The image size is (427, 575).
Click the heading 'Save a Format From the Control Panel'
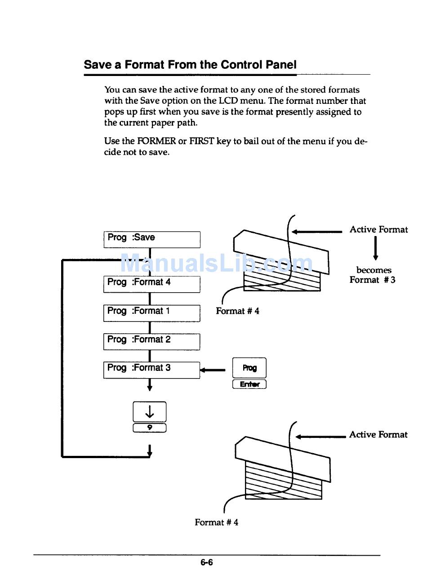coord(190,65)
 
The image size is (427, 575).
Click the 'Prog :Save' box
coord(151,239)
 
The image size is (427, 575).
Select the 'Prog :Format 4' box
coord(151,284)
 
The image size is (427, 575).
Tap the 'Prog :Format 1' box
coord(151,312)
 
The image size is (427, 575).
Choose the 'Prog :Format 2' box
coord(151,341)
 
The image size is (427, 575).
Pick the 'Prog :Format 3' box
coord(151,370)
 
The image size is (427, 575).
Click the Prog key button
coord(249,368)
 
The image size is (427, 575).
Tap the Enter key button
coord(249,384)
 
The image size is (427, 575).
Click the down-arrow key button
coord(150,411)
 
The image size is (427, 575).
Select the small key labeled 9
coord(150,428)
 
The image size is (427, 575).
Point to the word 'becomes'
coord(374,270)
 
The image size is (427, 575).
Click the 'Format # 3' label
coord(373,280)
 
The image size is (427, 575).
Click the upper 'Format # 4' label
coord(237,311)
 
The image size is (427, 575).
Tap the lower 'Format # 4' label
coord(216,522)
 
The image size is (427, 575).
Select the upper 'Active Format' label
coord(378,230)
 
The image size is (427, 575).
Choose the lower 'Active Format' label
coord(378,435)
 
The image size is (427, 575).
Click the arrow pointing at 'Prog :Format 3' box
coord(213,370)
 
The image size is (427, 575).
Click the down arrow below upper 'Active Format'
coord(375,249)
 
